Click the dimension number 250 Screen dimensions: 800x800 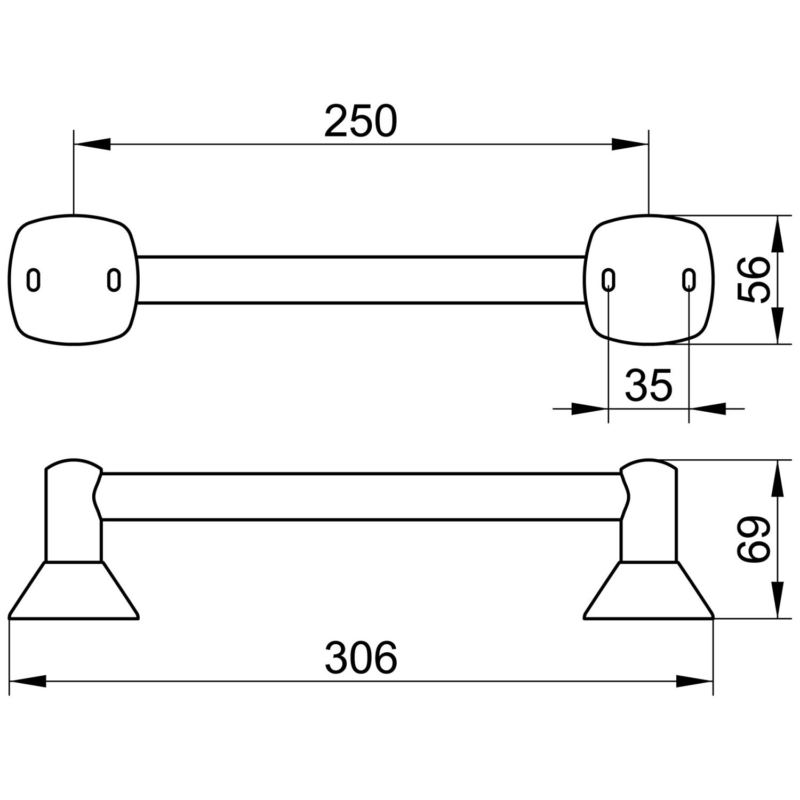[361, 121]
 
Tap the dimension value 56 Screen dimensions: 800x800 [753, 279]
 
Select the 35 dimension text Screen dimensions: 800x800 [649, 385]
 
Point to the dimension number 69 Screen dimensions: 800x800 [753, 539]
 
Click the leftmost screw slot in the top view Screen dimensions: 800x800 [34, 280]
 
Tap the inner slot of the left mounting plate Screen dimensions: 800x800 [114, 280]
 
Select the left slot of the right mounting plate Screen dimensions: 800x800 [609, 280]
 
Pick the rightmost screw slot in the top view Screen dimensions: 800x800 [689, 280]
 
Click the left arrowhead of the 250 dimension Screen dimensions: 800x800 [92, 144]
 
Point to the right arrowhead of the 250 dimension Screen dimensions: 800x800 [630, 144]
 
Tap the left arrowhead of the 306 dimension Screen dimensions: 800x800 [28, 681]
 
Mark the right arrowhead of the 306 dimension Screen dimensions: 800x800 [695, 681]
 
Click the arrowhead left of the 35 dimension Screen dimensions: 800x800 [590, 409]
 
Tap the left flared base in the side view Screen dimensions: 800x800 [74, 590]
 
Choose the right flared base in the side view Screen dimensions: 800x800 [649, 590]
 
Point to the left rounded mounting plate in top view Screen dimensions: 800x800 [74, 280]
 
